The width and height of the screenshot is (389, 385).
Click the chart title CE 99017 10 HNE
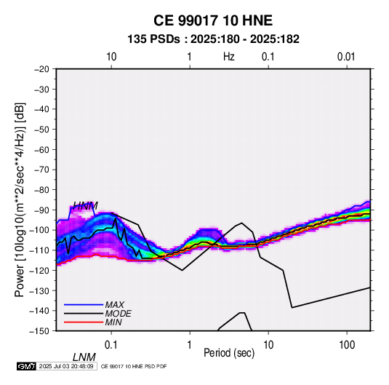[213, 20]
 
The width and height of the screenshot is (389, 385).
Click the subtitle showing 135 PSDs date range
[213, 39]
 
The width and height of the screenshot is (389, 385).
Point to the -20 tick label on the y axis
[41, 69]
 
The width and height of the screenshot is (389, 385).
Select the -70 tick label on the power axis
[41, 170]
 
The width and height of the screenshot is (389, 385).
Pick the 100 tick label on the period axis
[347, 345]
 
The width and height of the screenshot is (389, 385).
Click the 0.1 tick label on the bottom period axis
[111, 345]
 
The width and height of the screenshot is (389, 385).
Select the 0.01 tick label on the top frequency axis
[346, 57]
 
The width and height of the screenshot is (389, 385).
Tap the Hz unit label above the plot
[229, 57]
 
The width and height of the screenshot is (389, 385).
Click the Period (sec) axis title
[229, 353]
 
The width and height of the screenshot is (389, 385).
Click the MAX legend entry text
[114, 305]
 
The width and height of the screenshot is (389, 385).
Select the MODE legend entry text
[118, 314]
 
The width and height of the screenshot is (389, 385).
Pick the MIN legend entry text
[113, 322]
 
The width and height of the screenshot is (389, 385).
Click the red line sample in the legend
[84, 322]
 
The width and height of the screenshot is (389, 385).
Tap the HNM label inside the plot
[86, 206]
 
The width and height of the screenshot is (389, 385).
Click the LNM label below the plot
[84, 357]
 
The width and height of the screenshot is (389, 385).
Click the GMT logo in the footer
[26, 366]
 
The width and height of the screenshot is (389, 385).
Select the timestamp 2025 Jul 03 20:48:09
[66, 366]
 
